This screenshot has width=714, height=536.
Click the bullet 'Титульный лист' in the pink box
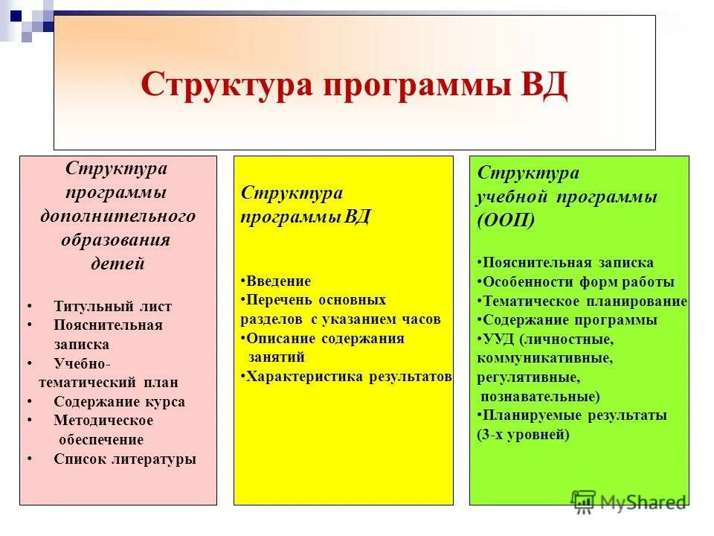coord(112,306)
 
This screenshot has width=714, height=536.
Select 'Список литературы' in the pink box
coord(124,459)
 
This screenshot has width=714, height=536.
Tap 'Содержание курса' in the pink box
coord(119,401)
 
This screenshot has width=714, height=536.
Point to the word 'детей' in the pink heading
coord(118,264)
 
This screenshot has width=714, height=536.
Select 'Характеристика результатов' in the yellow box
coord(348,376)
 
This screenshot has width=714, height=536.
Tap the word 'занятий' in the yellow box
coord(276,357)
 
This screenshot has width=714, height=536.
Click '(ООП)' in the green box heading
coord(506,221)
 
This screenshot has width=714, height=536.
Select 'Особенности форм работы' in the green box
coord(578,281)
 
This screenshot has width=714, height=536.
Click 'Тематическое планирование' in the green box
coord(585,301)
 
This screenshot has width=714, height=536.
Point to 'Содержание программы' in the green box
coord(570,320)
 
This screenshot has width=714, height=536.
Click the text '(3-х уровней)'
coord(523,435)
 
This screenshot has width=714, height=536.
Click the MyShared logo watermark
coord(629,501)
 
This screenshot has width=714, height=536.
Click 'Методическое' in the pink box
coord(103,420)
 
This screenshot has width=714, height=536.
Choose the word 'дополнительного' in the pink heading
coord(118,216)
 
